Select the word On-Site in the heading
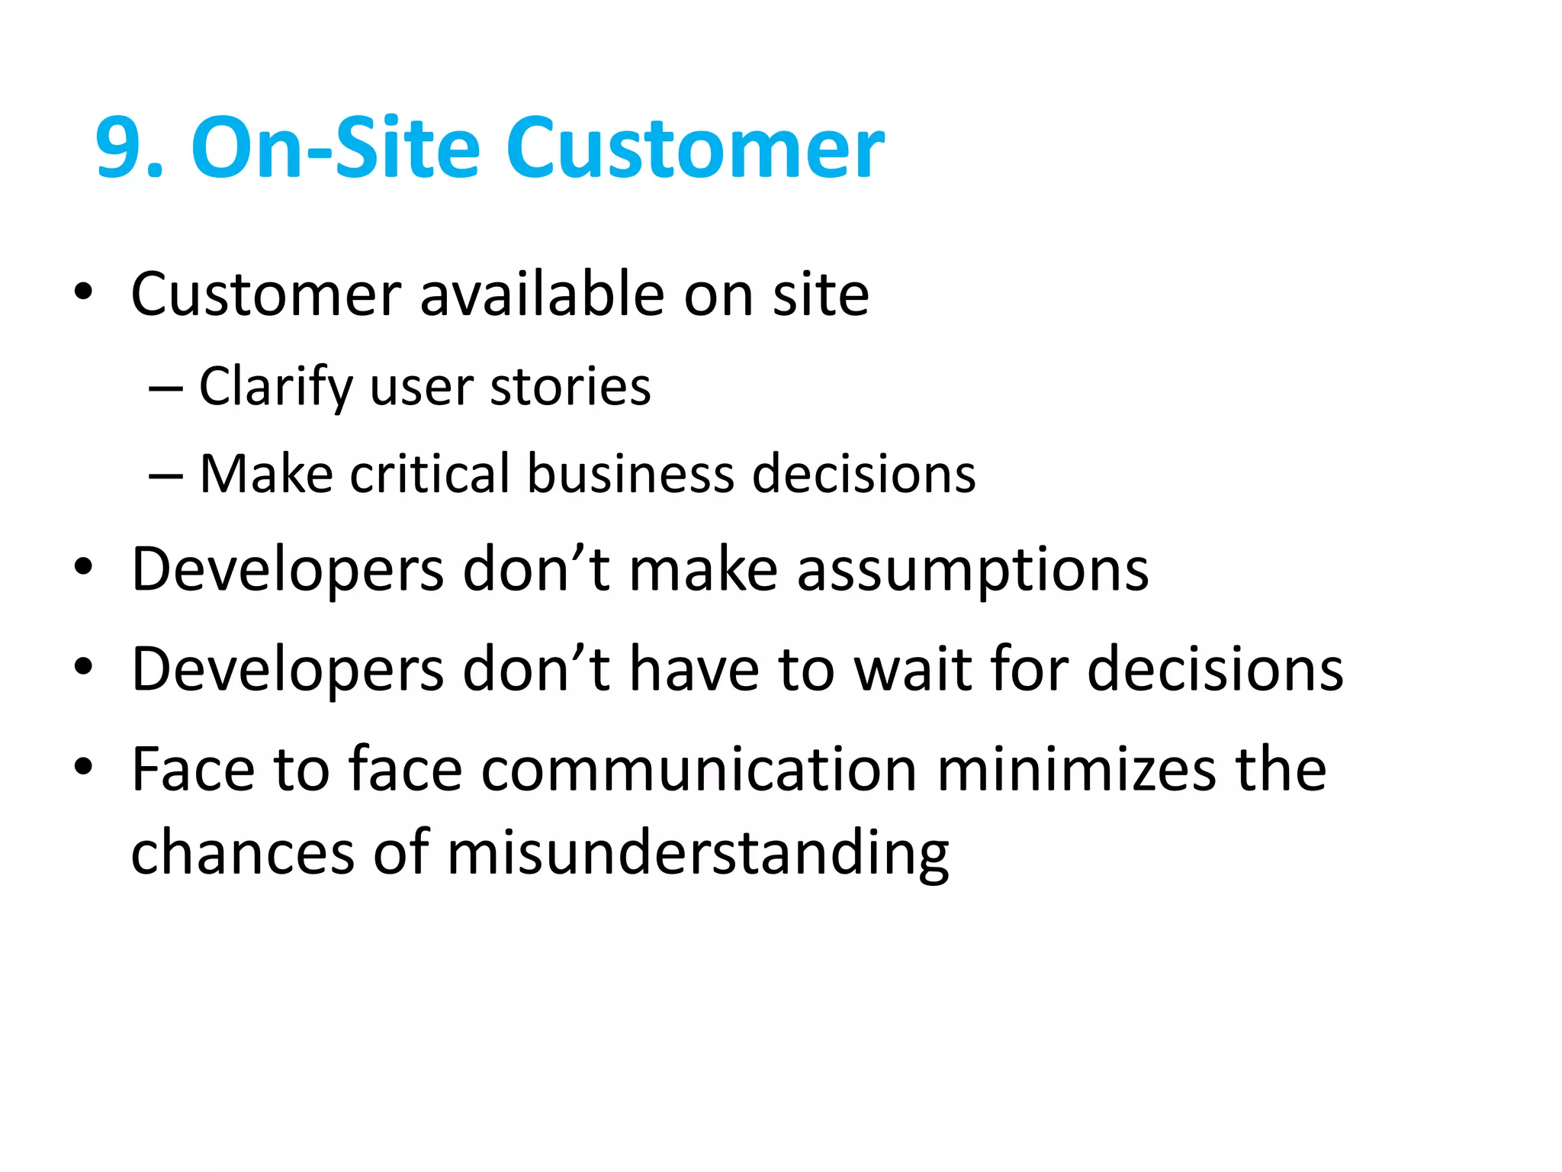tap(336, 148)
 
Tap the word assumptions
tap(972, 569)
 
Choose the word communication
tap(699, 769)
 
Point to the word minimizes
tap(1076, 769)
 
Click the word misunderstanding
tap(698, 852)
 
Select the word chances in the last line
tap(243, 852)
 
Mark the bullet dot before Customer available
tap(83, 292)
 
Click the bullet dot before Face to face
tap(83, 766)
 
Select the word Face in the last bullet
tap(193, 769)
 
